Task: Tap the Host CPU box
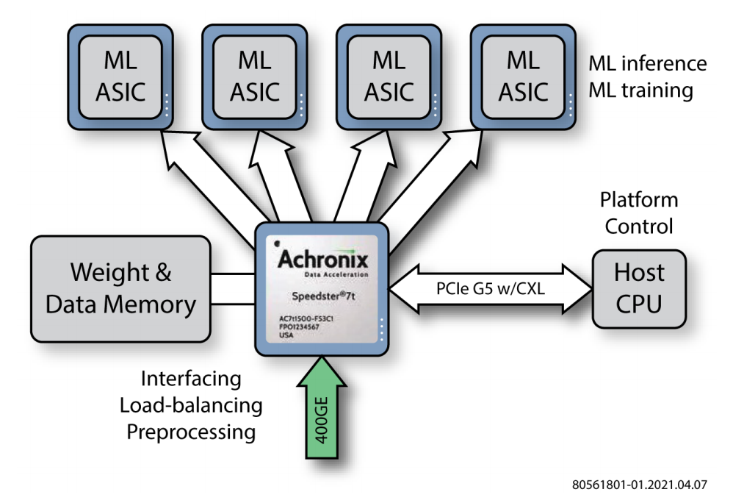click(638, 288)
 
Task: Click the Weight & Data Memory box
click(120, 288)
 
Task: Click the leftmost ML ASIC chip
click(120, 76)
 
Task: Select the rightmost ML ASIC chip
click(523, 76)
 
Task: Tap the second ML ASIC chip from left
click(254, 76)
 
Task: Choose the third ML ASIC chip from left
click(389, 76)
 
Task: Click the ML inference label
click(647, 63)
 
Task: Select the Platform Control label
click(638, 213)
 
